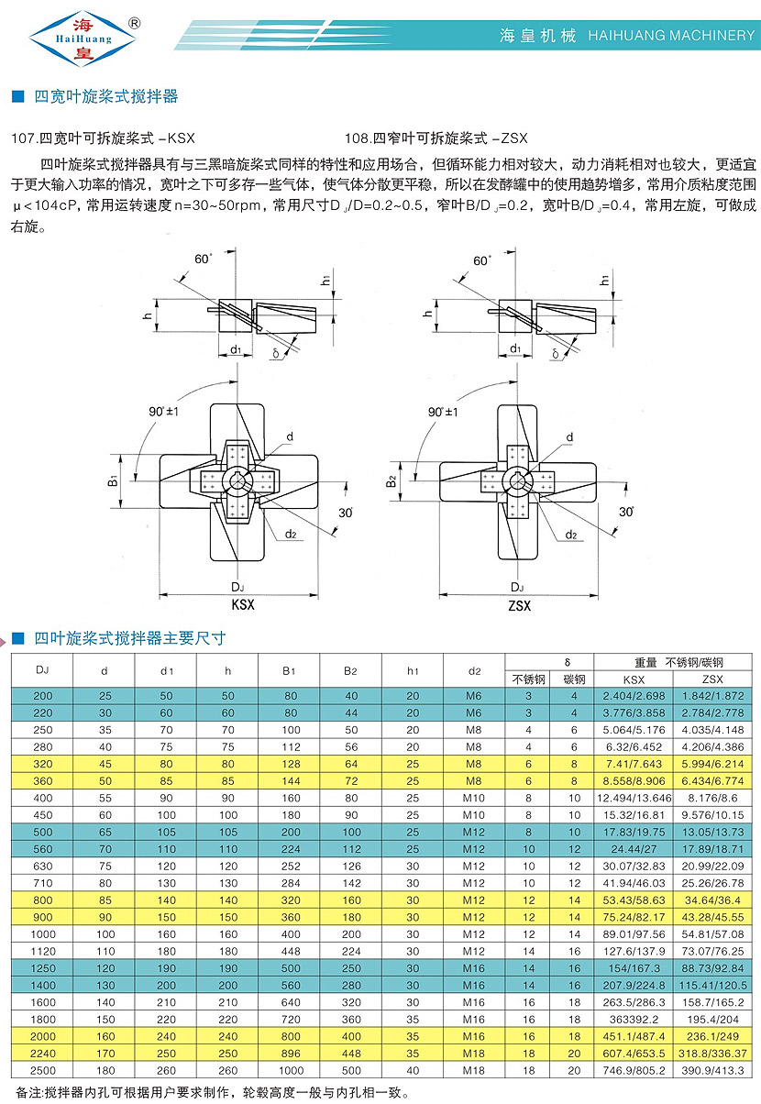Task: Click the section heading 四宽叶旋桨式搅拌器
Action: [105, 96]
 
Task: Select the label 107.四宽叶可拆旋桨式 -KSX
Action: [102, 138]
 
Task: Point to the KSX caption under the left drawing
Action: [243, 605]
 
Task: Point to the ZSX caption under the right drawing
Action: [519, 605]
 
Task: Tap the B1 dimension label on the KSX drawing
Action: [112, 480]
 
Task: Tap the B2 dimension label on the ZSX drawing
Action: [390, 480]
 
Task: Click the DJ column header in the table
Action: [42, 670]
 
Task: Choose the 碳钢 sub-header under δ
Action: [574, 679]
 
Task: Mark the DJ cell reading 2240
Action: [42, 1052]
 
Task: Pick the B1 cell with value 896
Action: [290, 1052]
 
